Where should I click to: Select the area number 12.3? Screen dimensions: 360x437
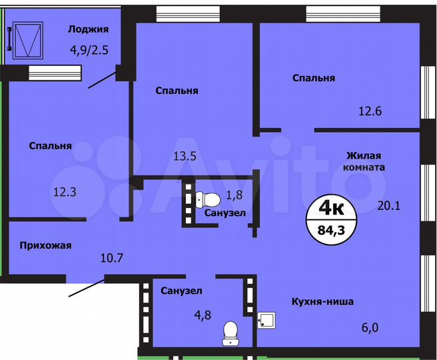pyautogui.click(x=65, y=192)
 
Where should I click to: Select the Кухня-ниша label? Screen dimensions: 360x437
pyautogui.click(x=322, y=302)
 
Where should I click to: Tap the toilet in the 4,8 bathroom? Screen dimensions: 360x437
pyautogui.click(x=230, y=332)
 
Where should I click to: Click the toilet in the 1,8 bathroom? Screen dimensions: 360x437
pyautogui.click(x=209, y=199)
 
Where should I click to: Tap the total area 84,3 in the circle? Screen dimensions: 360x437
pyautogui.click(x=332, y=231)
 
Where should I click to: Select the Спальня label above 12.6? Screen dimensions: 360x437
pyautogui.click(x=314, y=78)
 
